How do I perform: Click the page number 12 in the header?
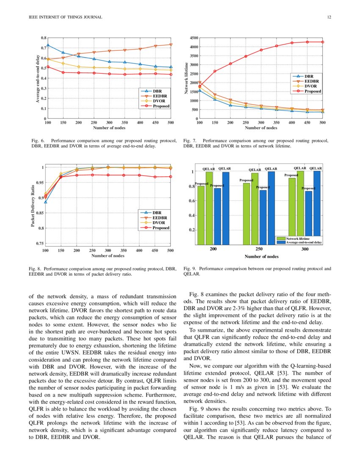[x=329, y=17]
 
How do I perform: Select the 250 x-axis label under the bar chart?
[x=259, y=249]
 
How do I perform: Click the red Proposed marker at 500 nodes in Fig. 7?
[x=322, y=42]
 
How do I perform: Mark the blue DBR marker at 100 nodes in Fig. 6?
[x=48, y=45]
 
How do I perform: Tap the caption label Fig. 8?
[x=35, y=269]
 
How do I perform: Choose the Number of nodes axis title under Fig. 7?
[x=261, y=128]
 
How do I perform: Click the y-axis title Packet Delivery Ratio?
[x=33, y=205]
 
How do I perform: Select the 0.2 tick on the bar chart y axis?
[x=191, y=230]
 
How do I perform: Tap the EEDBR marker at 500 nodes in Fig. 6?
[x=171, y=45]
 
